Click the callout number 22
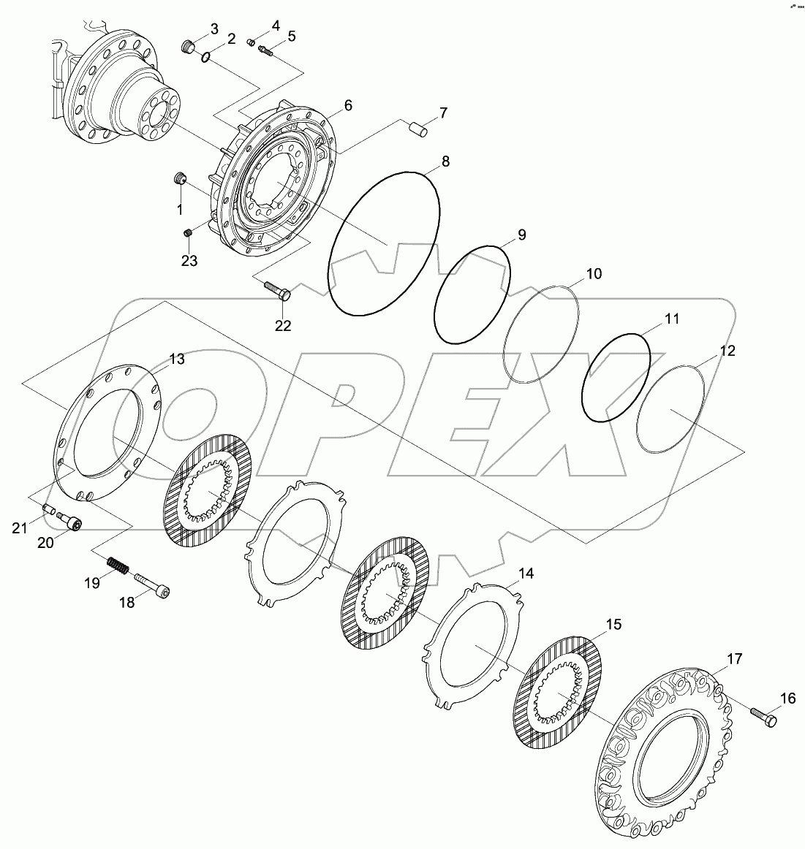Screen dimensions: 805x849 tap(283, 326)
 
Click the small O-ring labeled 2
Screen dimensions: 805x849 tap(208, 56)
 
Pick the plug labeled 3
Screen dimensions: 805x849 tap(189, 48)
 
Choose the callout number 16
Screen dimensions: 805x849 tap(787, 698)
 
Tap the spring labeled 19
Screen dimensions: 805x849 tap(117, 566)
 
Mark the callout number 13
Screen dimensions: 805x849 tap(177, 359)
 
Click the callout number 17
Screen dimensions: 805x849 tap(734, 659)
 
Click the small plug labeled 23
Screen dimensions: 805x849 tap(187, 233)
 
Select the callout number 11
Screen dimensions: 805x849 tap(671, 319)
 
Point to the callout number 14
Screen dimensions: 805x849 tap(526, 574)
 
